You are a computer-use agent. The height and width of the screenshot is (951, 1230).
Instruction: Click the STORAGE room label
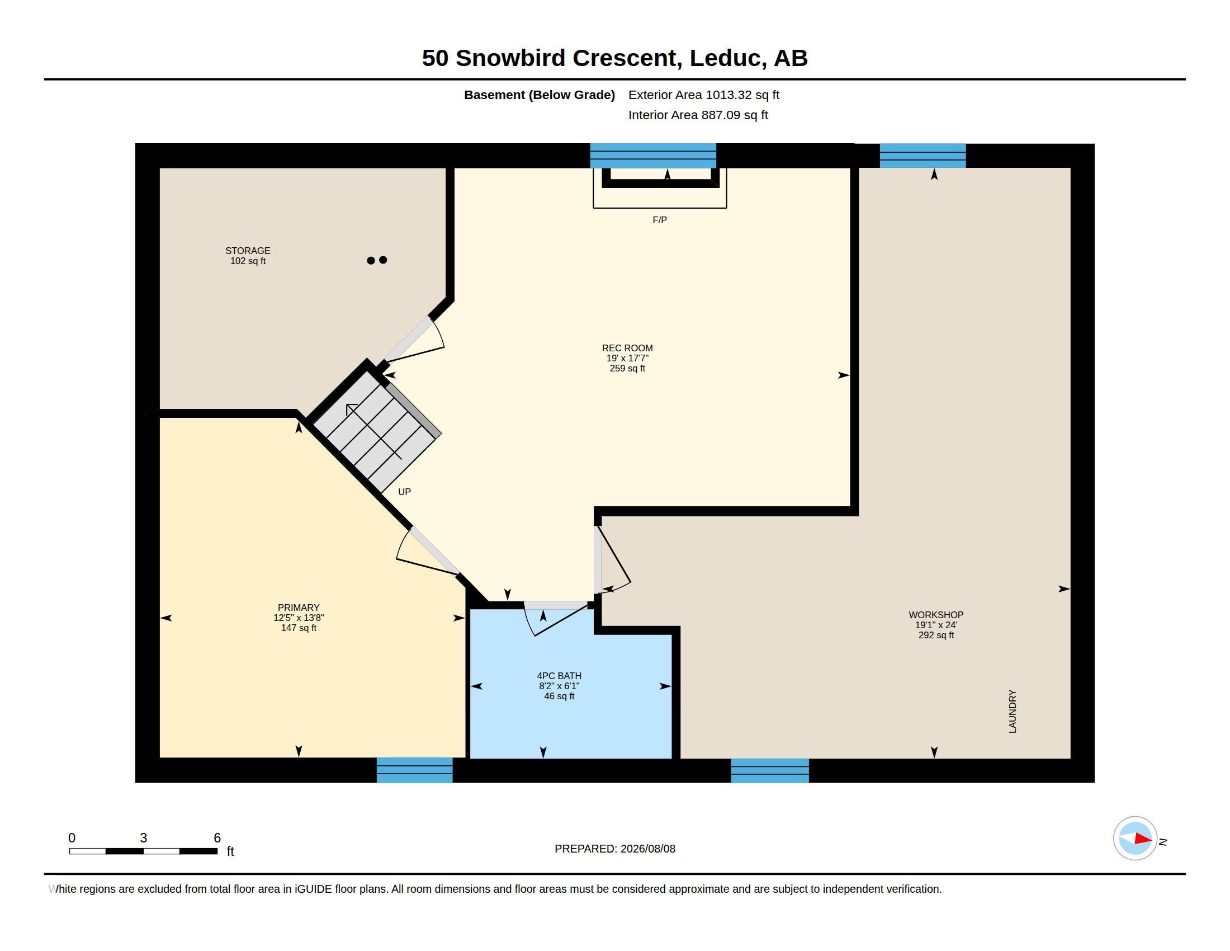click(x=248, y=251)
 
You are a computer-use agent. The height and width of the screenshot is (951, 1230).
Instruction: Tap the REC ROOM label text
click(x=627, y=348)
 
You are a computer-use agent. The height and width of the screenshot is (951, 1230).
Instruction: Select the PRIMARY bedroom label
click(x=299, y=608)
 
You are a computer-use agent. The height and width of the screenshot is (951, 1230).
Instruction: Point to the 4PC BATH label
click(x=559, y=676)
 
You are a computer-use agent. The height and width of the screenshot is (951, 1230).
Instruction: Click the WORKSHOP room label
click(x=936, y=615)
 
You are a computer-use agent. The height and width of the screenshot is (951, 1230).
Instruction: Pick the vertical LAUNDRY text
click(x=1013, y=711)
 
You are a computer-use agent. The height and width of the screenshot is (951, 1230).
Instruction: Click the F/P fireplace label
click(x=660, y=220)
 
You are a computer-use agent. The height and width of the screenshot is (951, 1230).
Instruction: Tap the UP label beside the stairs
click(x=404, y=492)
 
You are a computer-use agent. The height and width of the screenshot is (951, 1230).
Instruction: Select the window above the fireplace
click(x=653, y=156)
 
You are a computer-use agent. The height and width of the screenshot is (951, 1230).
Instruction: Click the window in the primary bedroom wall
click(x=414, y=770)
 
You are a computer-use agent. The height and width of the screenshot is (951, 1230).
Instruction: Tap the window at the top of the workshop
click(x=922, y=156)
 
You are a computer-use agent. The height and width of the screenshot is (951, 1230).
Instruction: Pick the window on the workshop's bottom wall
click(x=770, y=770)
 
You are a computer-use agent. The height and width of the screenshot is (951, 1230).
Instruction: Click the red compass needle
click(x=1143, y=839)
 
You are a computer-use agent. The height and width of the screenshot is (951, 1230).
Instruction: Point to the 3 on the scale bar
click(x=144, y=838)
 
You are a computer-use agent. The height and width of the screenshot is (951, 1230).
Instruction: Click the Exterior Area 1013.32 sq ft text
click(x=704, y=95)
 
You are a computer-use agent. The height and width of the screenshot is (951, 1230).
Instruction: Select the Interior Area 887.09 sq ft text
click(x=698, y=115)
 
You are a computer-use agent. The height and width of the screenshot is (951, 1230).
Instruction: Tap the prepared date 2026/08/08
click(x=647, y=849)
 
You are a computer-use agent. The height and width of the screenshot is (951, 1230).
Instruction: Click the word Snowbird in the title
click(x=510, y=58)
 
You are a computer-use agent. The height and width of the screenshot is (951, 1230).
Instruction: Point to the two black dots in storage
click(x=377, y=260)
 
